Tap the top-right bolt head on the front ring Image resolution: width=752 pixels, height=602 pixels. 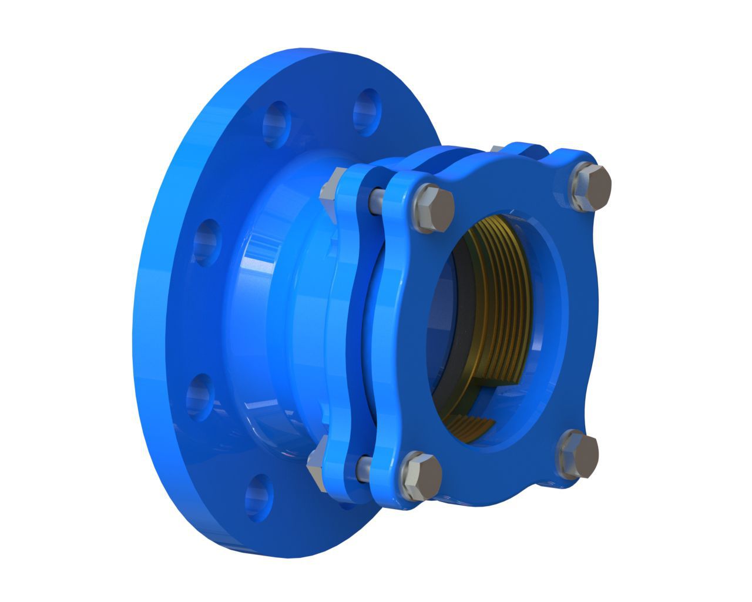(x=590, y=186)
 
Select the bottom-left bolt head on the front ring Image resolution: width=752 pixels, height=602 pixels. (x=420, y=474)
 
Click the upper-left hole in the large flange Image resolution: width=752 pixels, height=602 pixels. (x=277, y=122)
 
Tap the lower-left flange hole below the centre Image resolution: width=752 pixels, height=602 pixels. (x=202, y=396)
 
